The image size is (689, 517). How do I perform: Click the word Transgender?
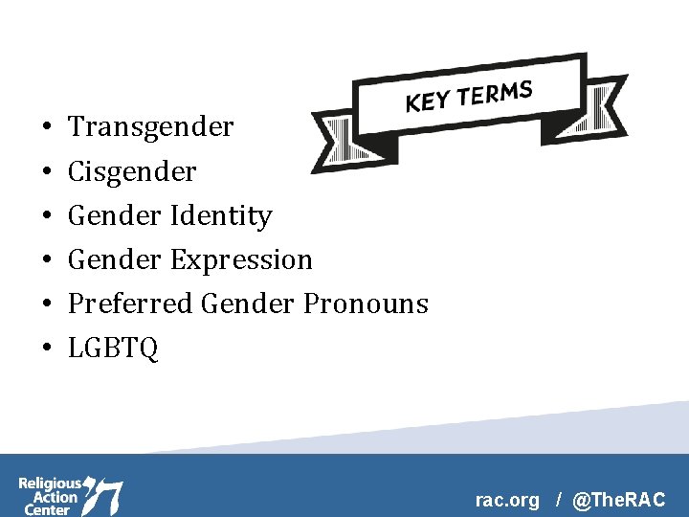150,127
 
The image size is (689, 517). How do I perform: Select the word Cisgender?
132,172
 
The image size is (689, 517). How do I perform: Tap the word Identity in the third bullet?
221,216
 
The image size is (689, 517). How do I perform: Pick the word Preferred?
131,304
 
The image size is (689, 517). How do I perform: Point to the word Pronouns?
366,304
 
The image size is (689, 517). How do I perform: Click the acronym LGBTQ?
113,348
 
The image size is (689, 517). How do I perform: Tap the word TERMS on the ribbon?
495,93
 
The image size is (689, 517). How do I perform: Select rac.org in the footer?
507,500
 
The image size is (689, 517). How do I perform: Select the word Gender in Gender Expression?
115,260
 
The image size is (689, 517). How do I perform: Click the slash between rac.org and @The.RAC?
557,500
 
